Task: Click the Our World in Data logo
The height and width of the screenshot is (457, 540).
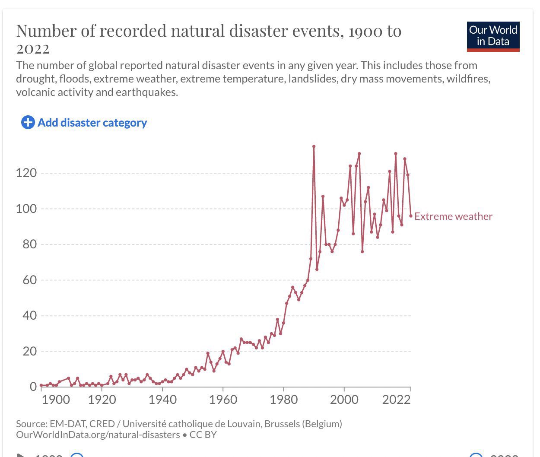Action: pos(493,36)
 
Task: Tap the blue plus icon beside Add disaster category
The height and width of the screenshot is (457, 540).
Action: pos(28,123)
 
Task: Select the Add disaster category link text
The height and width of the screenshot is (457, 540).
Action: pos(92,123)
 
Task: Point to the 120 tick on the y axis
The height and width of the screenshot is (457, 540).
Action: pos(26,173)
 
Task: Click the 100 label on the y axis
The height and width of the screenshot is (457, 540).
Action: pos(26,209)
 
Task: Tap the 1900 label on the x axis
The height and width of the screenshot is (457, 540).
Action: pos(56,400)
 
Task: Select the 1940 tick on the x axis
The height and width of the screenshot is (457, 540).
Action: pos(162,400)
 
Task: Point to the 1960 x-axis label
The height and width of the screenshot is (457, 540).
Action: pos(223,400)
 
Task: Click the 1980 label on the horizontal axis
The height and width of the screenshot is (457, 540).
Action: pos(283,400)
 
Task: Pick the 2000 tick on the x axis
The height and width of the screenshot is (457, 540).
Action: pos(344,400)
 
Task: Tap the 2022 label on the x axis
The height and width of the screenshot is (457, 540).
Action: pos(396,400)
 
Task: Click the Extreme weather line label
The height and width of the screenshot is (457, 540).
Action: pos(453,217)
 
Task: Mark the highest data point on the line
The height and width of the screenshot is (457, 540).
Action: pos(314,146)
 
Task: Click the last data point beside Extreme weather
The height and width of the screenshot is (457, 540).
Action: pos(411,216)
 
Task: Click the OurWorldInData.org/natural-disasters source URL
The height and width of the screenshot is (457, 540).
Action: pos(98,435)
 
